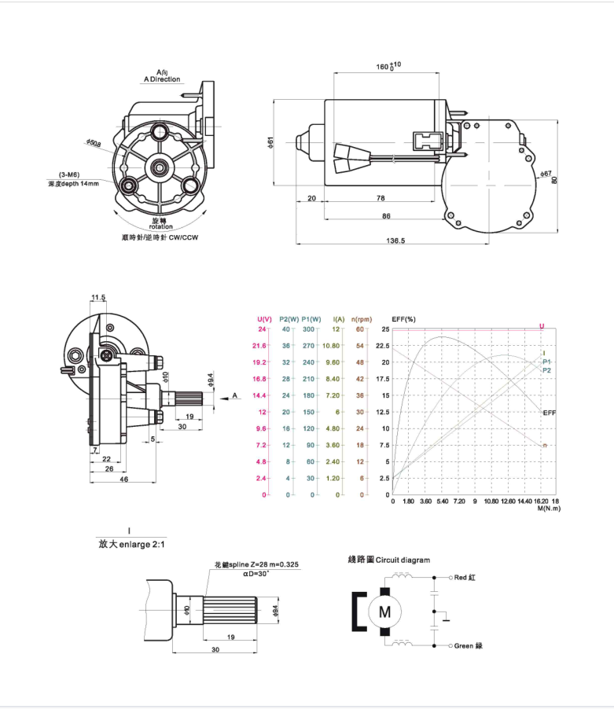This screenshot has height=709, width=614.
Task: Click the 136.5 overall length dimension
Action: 396,241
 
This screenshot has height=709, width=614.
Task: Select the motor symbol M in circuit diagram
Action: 384,611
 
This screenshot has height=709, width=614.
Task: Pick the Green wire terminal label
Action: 469,645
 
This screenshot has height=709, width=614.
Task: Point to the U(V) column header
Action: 265,318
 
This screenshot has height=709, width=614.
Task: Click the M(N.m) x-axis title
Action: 548,509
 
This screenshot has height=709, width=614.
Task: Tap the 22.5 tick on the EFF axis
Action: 381,346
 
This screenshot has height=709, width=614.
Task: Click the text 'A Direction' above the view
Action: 161,79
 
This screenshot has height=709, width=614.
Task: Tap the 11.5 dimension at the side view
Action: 98,297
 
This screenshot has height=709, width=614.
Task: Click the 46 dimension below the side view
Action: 123,478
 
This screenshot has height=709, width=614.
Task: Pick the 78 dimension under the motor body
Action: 380,198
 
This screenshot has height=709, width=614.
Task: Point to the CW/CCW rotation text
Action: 160,237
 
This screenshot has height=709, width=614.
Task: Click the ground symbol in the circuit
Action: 446,618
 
